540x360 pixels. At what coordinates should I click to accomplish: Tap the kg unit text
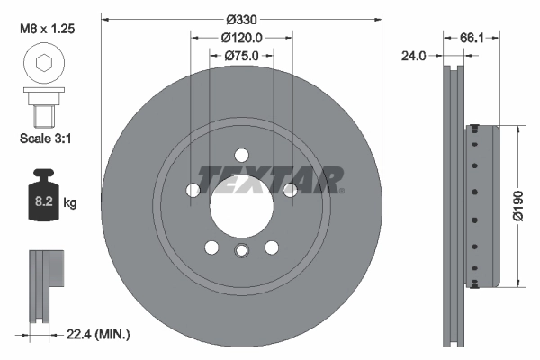point(71,204)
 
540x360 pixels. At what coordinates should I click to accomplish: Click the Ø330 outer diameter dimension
point(241,19)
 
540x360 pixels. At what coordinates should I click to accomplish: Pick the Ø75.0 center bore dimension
point(241,56)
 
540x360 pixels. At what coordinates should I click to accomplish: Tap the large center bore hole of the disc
point(241,202)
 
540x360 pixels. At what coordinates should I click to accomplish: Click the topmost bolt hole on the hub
point(241,154)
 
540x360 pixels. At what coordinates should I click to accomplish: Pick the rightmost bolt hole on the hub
point(289,189)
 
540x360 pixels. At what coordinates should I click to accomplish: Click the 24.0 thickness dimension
point(414,56)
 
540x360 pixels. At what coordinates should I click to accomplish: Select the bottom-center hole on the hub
point(241,251)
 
